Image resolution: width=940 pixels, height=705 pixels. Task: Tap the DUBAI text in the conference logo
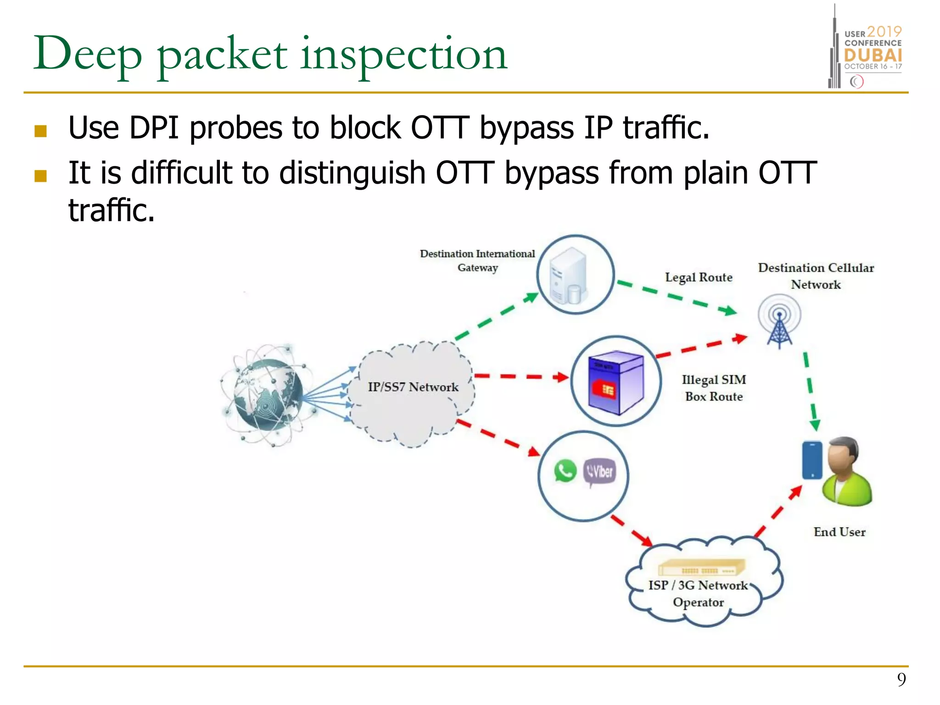tap(873, 56)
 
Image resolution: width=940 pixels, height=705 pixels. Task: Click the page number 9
tap(901, 679)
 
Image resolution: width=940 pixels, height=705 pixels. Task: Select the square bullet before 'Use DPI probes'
tap(41, 131)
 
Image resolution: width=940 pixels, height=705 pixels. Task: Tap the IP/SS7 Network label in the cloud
tap(413, 387)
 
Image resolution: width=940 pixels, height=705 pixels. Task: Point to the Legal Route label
tap(699, 277)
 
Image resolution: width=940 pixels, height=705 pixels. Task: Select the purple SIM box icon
tap(616, 382)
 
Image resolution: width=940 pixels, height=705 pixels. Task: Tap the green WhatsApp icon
tap(565, 471)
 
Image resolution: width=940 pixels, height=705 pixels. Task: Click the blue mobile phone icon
tap(812, 460)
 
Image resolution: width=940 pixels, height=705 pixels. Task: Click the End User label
tap(839, 532)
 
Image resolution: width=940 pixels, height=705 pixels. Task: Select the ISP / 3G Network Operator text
tap(698, 593)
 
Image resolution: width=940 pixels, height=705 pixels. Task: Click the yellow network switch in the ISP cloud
tap(701, 568)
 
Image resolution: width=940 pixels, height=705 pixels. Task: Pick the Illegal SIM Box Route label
tap(714, 388)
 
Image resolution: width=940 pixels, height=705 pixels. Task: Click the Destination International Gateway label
tap(477, 260)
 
